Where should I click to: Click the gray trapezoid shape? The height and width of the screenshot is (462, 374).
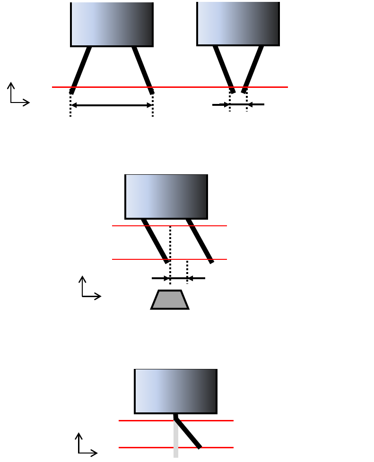pyautogui.click(x=170, y=300)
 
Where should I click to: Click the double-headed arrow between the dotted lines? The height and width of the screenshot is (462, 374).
pyautogui.click(x=112, y=105)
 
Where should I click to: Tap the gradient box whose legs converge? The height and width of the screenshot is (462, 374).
pyautogui.click(x=238, y=24)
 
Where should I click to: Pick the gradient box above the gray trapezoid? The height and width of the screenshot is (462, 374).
pyautogui.click(x=166, y=197)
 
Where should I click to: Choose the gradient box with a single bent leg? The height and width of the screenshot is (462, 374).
pyautogui.click(x=175, y=391)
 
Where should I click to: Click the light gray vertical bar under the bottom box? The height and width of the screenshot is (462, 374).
pyautogui.click(x=176, y=442)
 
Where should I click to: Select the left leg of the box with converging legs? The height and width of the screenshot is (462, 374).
pyautogui.click(x=223, y=68)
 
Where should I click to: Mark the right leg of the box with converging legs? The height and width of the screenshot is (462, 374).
pyautogui.click(x=253, y=68)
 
